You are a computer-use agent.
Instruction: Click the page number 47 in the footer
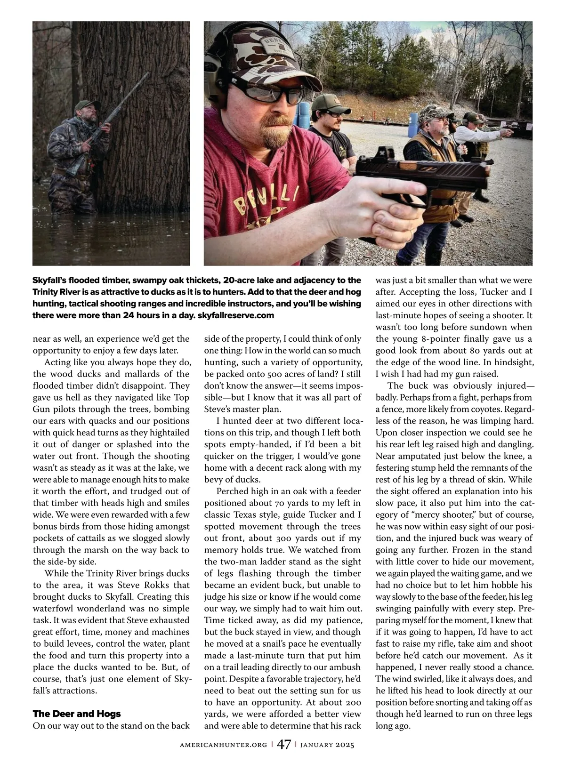(284, 745)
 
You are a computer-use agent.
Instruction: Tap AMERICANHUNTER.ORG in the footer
(224, 745)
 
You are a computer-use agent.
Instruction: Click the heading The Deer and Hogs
(77, 714)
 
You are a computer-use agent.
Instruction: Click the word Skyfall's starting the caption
(50, 280)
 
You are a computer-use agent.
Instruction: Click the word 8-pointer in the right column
(434, 338)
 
